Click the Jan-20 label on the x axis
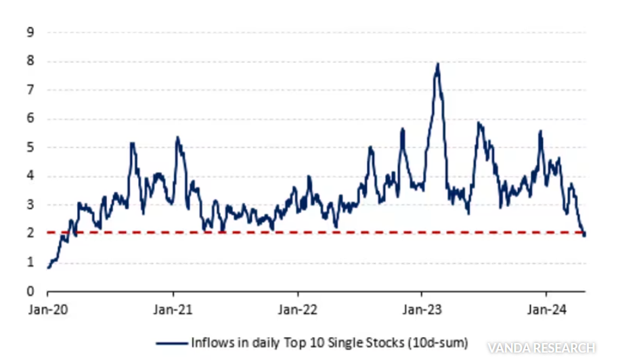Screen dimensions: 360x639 point(47,309)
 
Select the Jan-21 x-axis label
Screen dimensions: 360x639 point(173,309)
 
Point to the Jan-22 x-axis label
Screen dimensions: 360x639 point(299,309)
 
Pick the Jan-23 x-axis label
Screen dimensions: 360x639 point(422,309)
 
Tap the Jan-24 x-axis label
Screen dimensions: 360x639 point(547,309)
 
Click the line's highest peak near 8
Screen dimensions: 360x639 point(438,64)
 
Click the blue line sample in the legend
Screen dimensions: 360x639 point(171,342)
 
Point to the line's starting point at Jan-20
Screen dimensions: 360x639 point(48,268)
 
